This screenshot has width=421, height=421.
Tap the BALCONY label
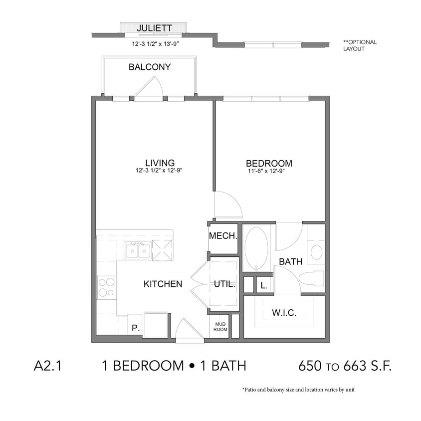[150, 67]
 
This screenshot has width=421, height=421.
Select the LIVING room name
[160, 163]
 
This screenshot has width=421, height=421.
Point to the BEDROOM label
[269, 163]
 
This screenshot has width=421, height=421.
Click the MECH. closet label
[222, 236]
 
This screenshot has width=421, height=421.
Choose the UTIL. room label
[224, 284]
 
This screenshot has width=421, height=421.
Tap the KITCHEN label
[163, 284]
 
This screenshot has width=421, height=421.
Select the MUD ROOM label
[220, 327]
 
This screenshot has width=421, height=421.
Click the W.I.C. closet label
[284, 313]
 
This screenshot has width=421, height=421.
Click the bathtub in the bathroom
[256, 248]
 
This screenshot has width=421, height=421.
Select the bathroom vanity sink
[316, 252]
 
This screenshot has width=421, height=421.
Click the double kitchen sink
[138, 250]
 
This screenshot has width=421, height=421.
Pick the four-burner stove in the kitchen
[106, 287]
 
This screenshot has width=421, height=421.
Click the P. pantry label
[134, 329]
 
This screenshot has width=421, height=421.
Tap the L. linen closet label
[264, 286]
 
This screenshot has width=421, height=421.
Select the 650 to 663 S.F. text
[344, 366]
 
